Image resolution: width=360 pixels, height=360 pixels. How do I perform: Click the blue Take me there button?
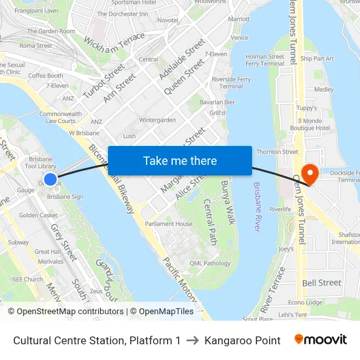tap(180, 161)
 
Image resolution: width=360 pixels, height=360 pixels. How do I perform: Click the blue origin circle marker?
tap(50, 179)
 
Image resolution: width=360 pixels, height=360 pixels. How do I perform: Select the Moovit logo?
tap(321, 340)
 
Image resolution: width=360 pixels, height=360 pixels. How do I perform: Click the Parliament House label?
tap(170, 224)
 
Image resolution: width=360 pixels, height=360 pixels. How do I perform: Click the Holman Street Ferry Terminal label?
tap(265, 60)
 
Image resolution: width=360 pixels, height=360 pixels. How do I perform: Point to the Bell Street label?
tap(321, 283)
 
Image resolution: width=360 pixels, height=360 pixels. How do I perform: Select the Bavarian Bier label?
tap(217, 102)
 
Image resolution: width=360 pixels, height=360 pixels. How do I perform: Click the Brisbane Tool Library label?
tap(43, 163)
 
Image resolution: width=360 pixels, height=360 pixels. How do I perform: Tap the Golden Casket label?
tap(38, 215)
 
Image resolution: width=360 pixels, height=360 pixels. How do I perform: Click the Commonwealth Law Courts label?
tap(60, 117)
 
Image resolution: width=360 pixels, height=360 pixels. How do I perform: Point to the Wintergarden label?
tap(157, 120)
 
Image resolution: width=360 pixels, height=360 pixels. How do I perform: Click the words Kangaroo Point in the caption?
tap(242, 340)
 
